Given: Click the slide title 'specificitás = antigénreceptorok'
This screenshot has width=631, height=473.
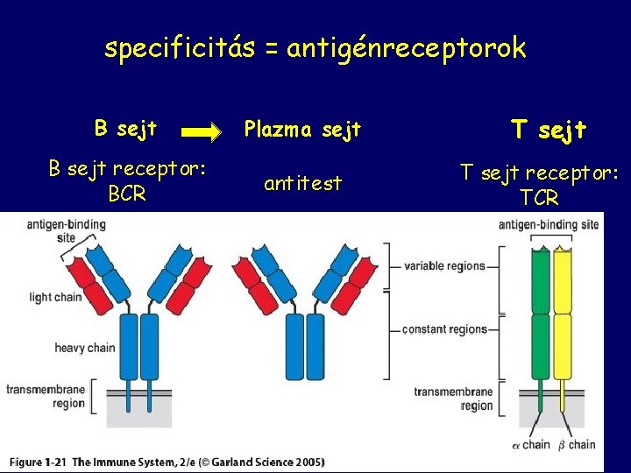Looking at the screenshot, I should point(315,48).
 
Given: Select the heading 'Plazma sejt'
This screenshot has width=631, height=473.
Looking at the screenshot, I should point(302,131).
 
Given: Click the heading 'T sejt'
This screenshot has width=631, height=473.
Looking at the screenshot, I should point(549,131).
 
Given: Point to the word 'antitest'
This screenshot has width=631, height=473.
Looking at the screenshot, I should point(302,184).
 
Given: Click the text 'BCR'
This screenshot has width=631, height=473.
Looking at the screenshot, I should point(128,194).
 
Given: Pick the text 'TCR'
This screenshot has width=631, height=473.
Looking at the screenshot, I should point(539,198).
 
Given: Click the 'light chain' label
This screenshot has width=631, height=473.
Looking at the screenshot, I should point(54,297).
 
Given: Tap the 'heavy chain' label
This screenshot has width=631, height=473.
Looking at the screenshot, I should point(85,348).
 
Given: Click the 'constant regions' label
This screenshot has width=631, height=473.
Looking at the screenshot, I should point(445,329).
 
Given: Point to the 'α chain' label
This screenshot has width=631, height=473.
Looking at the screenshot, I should point(531,445).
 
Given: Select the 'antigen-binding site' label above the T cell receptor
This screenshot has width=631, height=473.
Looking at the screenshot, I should point(549,225).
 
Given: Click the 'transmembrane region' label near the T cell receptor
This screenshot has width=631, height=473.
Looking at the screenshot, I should point(453,399).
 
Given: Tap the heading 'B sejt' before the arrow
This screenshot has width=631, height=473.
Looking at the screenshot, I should point(125,129).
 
